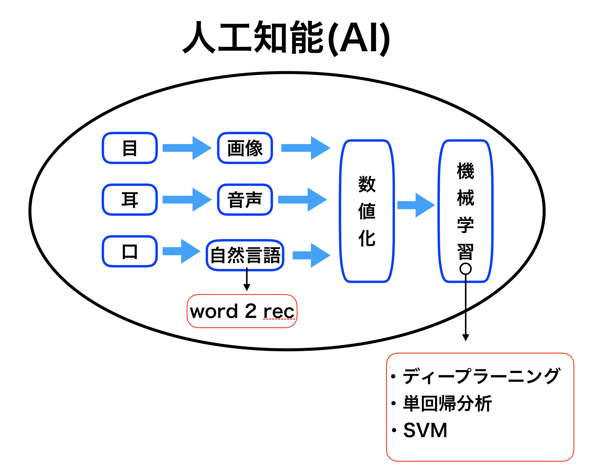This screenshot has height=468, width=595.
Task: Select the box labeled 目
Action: pyautogui.click(x=130, y=148)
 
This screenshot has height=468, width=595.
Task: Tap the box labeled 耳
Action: pyautogui.click(x=130, y=200)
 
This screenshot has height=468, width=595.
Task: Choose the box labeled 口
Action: pyautogui.click(x=130, y=251)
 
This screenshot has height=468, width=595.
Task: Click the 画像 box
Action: pyautogui.click(x=245, y=148)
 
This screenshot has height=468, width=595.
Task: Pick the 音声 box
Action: pyautogui.click(x=245, y=200)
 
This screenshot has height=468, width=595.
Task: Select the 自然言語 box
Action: pyautogui.click(x=245, y=255)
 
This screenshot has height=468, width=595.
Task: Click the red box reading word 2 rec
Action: pyautogui.click(x=242, y=311)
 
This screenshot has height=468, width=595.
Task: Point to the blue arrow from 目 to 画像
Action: pyautogui.click(x=187, y=148)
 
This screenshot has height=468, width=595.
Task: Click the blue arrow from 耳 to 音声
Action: pyautogui.click(x=187, y=200)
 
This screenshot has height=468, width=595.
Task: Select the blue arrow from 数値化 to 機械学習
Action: pyautogui.click(x=416, y=205)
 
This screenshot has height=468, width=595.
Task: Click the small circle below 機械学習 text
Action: pyautogui.click(x=466, y=269)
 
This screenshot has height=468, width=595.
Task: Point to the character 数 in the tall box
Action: pyautogui.click(x=367, y=184)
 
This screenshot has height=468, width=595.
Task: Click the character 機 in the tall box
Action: pyautogui.click(x=466, y=171)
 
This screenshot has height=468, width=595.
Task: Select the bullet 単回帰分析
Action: pyautogui.click(x=447, y=403)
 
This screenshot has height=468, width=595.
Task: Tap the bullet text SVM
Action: pyautogui.click(x=425, y=430)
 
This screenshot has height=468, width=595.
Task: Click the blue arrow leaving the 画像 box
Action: pyautogui.click(x=306, y=148)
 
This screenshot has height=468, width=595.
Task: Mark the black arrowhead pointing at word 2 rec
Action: pyautogui.click(x=247, y=287)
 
